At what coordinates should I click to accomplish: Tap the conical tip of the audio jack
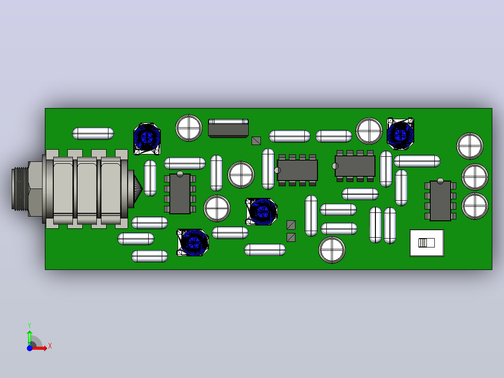pyautogui.click(x=138, y=189)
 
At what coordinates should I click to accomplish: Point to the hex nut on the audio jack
pyautogui.click(x=36, y=189)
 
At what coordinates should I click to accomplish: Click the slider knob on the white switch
pyautogui.click(x=422, y=242)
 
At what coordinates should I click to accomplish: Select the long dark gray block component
pyautogui.click(x=228, y=128)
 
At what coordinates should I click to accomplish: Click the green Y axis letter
pyautogui.click(x=29, y=326)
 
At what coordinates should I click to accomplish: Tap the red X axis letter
pyautogui.click(x=50, y=346)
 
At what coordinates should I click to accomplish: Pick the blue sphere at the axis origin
pyautogui.click(x=29, y=348)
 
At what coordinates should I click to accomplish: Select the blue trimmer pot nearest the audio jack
pyautogui.click(x=147, y=138)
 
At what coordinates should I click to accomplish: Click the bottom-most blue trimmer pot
pyautogui.click(x=193, y=242)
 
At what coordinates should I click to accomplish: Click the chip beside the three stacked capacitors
pyautogui.click(x=440, y=201)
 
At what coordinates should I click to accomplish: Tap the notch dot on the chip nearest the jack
pyautogui.click(x=180, y=174)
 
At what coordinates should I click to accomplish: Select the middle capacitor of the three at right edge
pyautogui.click(x=475, y=177)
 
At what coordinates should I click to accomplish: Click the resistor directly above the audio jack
pyautogui.click(x=93, y=133)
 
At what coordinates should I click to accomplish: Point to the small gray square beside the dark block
pyautogui.click(x=256, y=141)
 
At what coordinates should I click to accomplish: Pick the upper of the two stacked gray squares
pyautogui.click(x=291, y=225)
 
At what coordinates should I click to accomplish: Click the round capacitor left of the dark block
pyautogui.click(x=189, y=128)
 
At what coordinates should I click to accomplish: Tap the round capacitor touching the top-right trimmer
pyautogui.click(x=369, y=131)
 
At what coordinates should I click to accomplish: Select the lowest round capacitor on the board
pyautogui.click(x=332, y=250)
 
